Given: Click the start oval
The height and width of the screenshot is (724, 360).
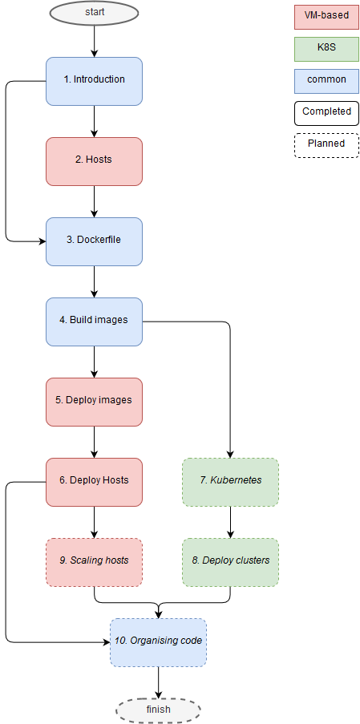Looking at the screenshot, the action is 94,13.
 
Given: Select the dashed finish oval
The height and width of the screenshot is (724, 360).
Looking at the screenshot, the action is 158,710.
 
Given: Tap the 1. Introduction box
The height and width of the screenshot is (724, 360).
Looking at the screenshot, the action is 94,81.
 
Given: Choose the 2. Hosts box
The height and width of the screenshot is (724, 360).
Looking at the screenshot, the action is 94,161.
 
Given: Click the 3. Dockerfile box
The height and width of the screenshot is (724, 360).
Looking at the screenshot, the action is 94,241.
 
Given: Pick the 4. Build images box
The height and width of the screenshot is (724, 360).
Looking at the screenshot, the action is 94,322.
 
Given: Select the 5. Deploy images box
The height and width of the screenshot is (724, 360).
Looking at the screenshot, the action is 94,402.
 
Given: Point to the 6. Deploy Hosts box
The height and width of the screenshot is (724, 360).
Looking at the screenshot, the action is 94,482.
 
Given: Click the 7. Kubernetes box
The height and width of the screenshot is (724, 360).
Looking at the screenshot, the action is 230,482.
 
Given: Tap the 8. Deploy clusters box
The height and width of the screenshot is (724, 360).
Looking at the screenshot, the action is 230,562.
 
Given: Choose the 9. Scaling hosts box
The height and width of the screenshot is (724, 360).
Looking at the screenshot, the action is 94,562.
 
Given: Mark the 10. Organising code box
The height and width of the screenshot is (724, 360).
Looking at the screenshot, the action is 158,642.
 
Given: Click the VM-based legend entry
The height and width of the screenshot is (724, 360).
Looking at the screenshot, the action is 327,17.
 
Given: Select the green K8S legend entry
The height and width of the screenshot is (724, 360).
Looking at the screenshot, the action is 327,49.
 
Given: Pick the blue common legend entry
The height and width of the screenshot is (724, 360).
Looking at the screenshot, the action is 327,81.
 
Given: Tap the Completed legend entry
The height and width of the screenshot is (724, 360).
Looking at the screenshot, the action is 327,113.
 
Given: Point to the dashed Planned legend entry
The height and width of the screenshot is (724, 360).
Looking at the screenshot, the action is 327,145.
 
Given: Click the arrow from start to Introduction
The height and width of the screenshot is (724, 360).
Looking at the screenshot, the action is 94,41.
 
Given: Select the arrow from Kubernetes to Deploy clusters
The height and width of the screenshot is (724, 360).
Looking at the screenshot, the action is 230,522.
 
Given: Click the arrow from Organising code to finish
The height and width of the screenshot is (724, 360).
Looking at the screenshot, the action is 158,682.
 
